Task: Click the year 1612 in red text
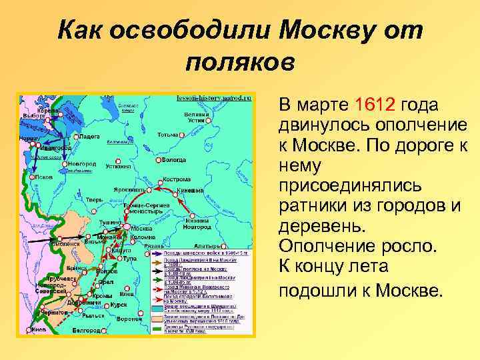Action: pos(377,105)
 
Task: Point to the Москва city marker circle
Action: pos(125,227)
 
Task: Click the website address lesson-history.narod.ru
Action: pos(214,97)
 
